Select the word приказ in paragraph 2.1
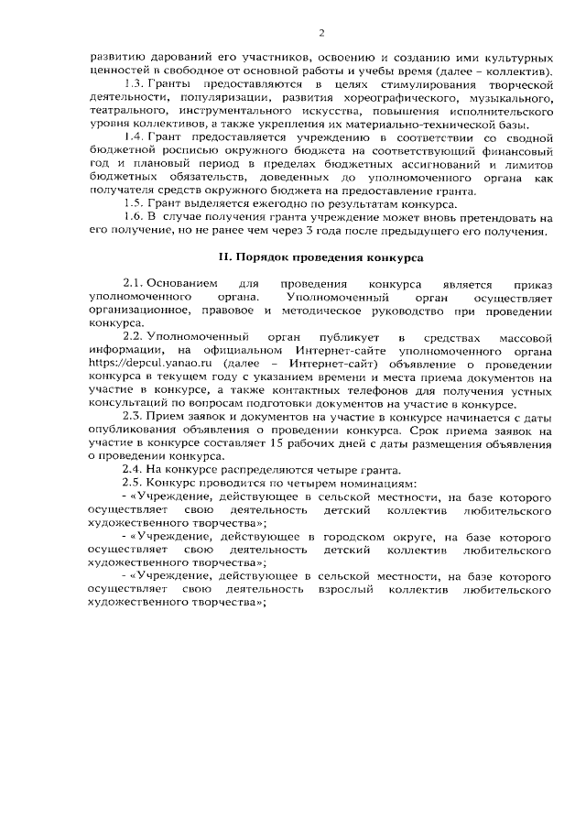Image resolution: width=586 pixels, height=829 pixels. pos(530,285)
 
